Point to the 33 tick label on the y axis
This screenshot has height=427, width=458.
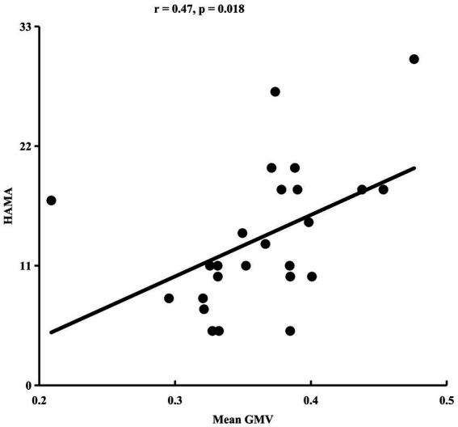click(x=25, y=27)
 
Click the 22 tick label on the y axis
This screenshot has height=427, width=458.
click(x=25, y=146)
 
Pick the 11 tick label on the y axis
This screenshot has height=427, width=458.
click(x=25, y=265)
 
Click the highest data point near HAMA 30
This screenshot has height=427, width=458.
click(x=414, y=59)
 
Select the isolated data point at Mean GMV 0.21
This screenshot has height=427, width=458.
click(x=51, y=201)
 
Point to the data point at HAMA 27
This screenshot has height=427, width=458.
click(x=275, y=91)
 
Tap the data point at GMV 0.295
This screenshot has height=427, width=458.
click(x=169, y=298)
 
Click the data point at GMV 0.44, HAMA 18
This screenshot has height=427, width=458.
click(x=362, y=189)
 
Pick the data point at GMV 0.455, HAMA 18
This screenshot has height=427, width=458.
click(x=384, y=189)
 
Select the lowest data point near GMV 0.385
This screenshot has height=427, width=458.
click(x=290, y=331)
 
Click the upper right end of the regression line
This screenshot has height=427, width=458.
click(x=414, y=168)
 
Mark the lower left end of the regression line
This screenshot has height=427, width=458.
click(x=51, y=332)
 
